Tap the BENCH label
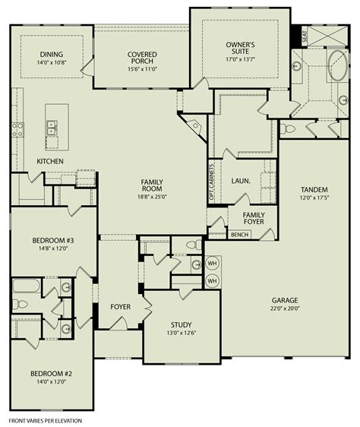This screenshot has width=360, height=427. click(240, 235)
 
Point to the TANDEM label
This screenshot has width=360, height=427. click(314, 189)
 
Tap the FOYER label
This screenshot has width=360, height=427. click(120, 307)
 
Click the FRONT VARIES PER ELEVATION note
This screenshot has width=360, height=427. click(45, 419)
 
